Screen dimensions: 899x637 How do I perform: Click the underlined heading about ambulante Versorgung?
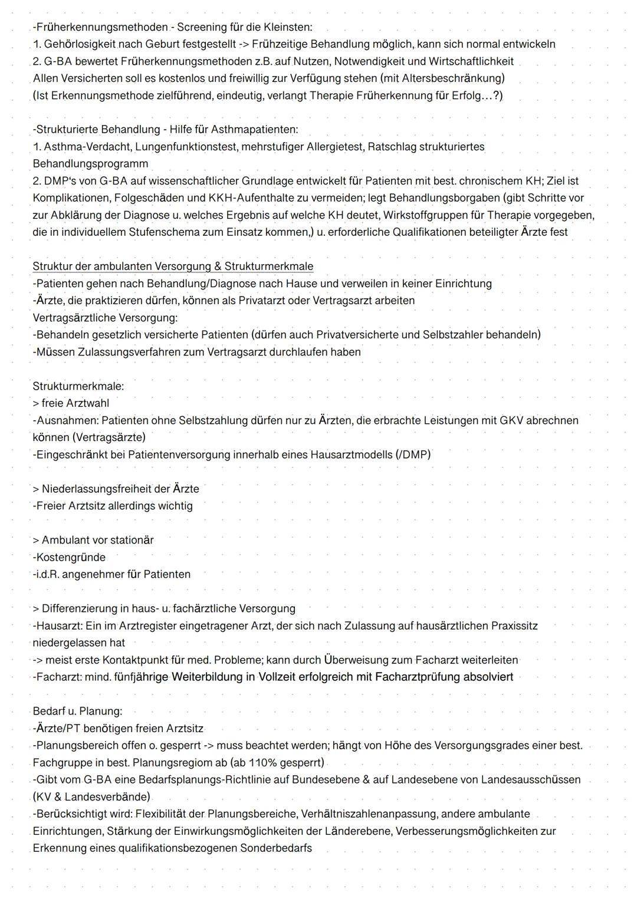tap(173, 266)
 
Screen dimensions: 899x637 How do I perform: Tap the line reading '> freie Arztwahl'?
tap(71, 403)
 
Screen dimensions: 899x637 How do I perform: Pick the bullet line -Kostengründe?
tap(69, 557)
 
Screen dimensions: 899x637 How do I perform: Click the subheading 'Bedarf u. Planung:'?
tap(77, 711)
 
